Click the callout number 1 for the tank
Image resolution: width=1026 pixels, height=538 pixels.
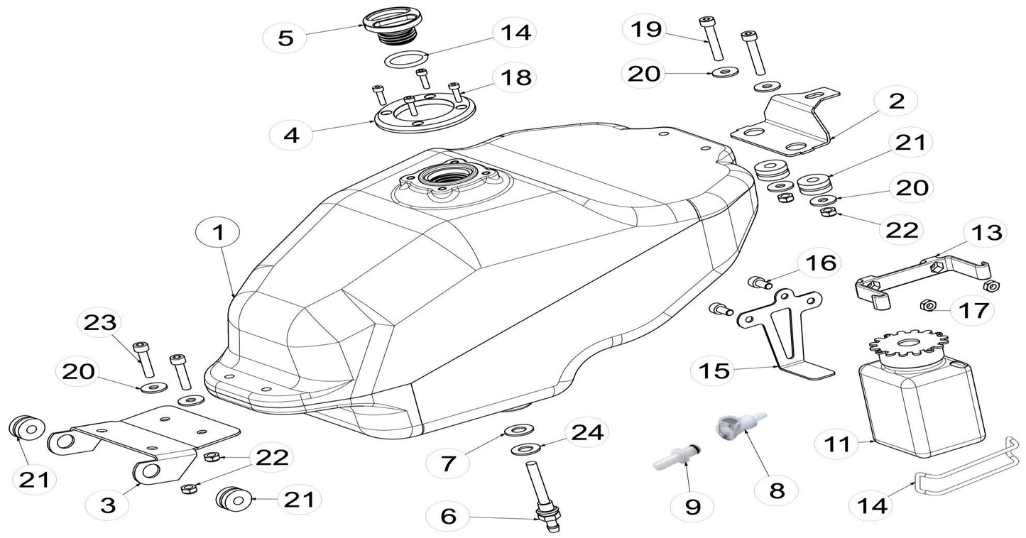219,232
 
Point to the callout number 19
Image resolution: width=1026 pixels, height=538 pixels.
645,29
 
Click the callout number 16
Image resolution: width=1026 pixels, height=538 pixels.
816,263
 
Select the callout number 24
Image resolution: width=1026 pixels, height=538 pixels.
585,432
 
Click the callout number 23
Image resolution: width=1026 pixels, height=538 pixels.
99,322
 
